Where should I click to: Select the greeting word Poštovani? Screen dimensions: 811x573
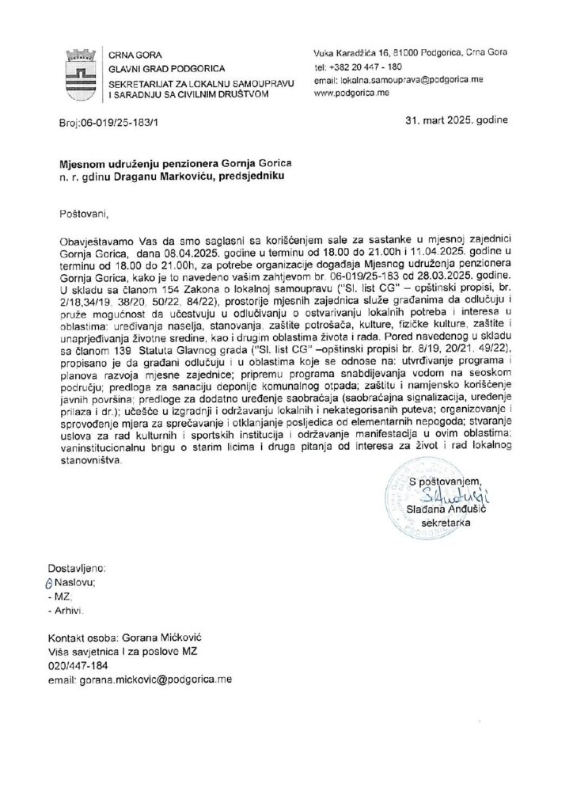click(x=82, y=213)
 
